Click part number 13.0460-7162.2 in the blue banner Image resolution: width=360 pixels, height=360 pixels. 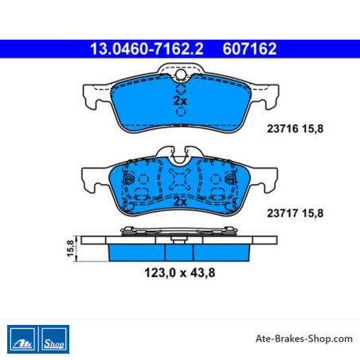pos(147,49)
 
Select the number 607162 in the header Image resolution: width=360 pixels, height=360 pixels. pos(249,49)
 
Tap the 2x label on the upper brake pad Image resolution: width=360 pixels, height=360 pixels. pos(180,101)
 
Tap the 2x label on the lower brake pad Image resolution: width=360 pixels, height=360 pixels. pos(180,202)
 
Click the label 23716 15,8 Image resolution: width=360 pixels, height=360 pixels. pos(295,129)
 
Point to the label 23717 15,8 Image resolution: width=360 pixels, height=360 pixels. pos(295,213)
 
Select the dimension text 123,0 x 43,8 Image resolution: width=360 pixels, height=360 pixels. pos(180,272)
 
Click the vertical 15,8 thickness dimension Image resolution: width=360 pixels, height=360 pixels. pos(70,248)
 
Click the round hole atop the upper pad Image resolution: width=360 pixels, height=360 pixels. pos(181,74)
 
